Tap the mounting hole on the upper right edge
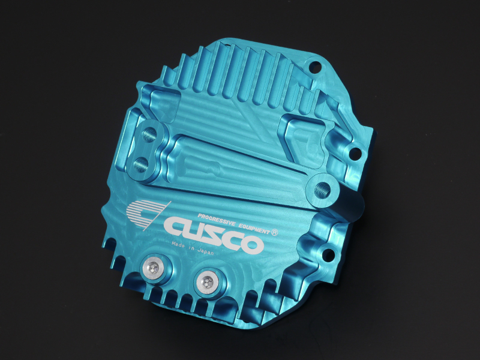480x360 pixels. [356, 153]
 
